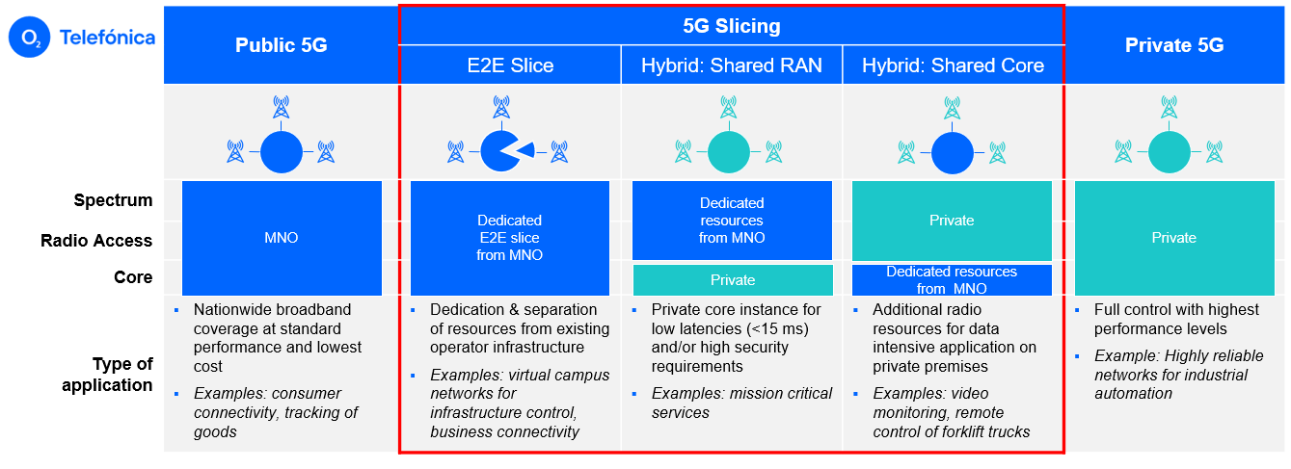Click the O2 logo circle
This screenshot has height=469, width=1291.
pos(30,38)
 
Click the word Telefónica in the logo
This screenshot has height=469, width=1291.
pos(107,38)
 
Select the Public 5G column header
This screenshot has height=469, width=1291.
pos(281,45)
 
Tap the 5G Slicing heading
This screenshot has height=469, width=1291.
pos(731,26)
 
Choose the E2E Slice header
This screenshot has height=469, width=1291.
pos(509,65)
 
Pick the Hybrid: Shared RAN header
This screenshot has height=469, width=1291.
pos(732,65)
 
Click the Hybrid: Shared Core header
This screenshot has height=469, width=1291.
pos(953,65)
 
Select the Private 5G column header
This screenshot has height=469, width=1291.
pos(1174,45)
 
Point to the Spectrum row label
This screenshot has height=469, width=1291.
pos(113,200)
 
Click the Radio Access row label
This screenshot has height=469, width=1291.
pos(96,241)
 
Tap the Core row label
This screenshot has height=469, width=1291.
pos(133,277)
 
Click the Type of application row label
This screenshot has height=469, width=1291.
pos(107,375)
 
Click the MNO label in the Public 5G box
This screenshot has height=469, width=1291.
pos(282,238)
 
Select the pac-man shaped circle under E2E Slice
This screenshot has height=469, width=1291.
pos(501,151)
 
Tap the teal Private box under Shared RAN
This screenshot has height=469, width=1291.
pos(733,280)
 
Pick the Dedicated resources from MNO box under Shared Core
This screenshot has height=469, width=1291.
pos(952,280)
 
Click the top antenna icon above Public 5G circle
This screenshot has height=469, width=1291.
pos(281,108)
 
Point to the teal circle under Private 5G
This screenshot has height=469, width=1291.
pos(1174,152)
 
